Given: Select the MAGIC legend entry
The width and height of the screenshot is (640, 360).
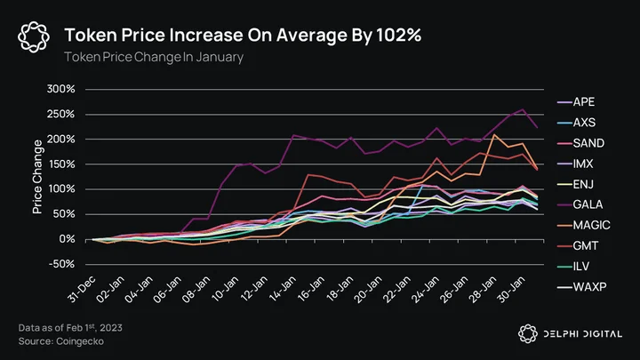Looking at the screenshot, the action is tap(584, 225).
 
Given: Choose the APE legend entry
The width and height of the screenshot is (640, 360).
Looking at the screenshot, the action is tap(576, 102).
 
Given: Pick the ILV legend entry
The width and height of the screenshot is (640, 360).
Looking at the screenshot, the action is tap(573, 267).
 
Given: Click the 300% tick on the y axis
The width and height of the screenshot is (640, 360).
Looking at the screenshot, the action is tap(60, 89).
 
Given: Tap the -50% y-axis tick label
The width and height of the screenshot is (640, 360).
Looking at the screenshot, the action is tap(61, 264).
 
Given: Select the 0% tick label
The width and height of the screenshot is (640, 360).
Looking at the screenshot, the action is tap(67, 239).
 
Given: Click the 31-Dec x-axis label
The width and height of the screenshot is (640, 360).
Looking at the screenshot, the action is tap(82, 289).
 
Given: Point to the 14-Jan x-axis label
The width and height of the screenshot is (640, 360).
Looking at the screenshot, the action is tap(283, 289).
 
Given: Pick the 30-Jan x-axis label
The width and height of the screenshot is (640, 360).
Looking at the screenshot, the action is tap(511, 289).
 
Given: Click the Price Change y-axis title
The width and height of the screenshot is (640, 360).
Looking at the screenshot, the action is tap(37, 177).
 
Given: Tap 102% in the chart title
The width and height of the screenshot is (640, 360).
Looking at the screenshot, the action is tap(399, 35).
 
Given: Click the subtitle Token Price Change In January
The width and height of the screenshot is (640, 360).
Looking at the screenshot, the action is tap(154, 57).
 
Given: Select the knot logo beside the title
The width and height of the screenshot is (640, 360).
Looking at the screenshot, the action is tap(34, 37).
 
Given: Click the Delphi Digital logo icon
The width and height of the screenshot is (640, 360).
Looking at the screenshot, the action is tap(528, 334).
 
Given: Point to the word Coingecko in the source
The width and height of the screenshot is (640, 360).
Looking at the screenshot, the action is tap(80, 341).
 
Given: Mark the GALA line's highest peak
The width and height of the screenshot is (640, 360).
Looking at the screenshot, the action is tap(523, 109).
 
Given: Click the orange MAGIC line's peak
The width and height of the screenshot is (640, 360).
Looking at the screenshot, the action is tap(494, 135).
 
